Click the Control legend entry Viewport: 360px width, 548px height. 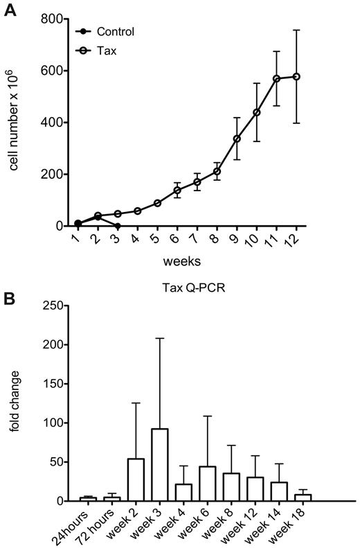coord(116,31)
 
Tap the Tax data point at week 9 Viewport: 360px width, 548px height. coord(237,139)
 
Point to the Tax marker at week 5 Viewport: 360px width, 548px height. coord(158,203)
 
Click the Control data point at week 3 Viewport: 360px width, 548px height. coord(118,226)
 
